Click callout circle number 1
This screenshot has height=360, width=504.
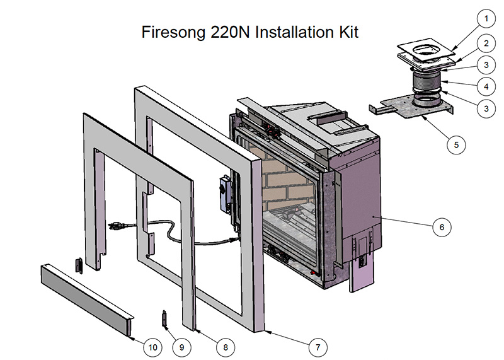tap(486, 19)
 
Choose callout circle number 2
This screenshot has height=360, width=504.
tap(486, 44)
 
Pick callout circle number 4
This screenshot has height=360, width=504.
tap(486, 86)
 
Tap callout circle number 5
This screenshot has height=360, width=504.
tap(456, 144)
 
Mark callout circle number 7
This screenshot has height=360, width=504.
tap(318, 346)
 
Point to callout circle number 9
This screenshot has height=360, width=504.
tap(182, 346)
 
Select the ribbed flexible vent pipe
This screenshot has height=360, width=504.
tap(428, 83)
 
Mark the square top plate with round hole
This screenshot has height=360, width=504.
tap(429, 50)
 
